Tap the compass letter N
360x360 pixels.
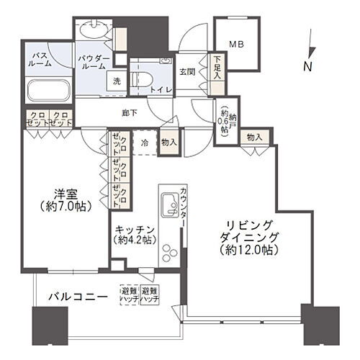coord(307,67)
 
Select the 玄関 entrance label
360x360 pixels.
coord(188,71)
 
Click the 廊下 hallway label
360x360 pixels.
coord(130,113)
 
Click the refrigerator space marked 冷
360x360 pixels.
coord(145,143)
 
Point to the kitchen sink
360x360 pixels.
coord(171,204)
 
